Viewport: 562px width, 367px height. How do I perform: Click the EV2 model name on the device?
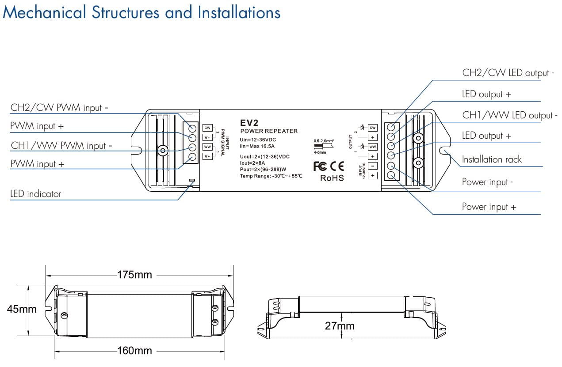click(249, 123)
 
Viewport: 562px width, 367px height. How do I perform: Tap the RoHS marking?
click(332, 178)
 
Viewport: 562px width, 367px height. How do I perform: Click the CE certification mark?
click(337, 166)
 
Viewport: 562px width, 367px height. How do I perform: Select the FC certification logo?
click(320, 166)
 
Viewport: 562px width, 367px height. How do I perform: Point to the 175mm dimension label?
click(134, 275)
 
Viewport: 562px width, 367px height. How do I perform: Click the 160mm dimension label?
click(134, 351)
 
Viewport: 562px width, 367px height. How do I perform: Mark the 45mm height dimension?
click(22, 309)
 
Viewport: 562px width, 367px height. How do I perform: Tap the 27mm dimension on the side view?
click(340, 326)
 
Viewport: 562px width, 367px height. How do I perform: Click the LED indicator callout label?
click(35, 194)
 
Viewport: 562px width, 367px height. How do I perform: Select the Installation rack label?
click(492, 159)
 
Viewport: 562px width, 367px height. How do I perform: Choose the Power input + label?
click(489, 207)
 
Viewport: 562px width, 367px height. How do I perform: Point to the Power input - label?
click(487, 182)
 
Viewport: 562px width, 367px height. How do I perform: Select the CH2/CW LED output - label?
click(508, 73)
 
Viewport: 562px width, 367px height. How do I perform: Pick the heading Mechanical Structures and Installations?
click(141, 12)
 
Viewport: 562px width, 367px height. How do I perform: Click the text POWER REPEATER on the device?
click(269, 131)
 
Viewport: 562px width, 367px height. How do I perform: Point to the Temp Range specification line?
click(271, 176)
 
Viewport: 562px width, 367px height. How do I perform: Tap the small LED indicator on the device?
click(191, 180)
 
